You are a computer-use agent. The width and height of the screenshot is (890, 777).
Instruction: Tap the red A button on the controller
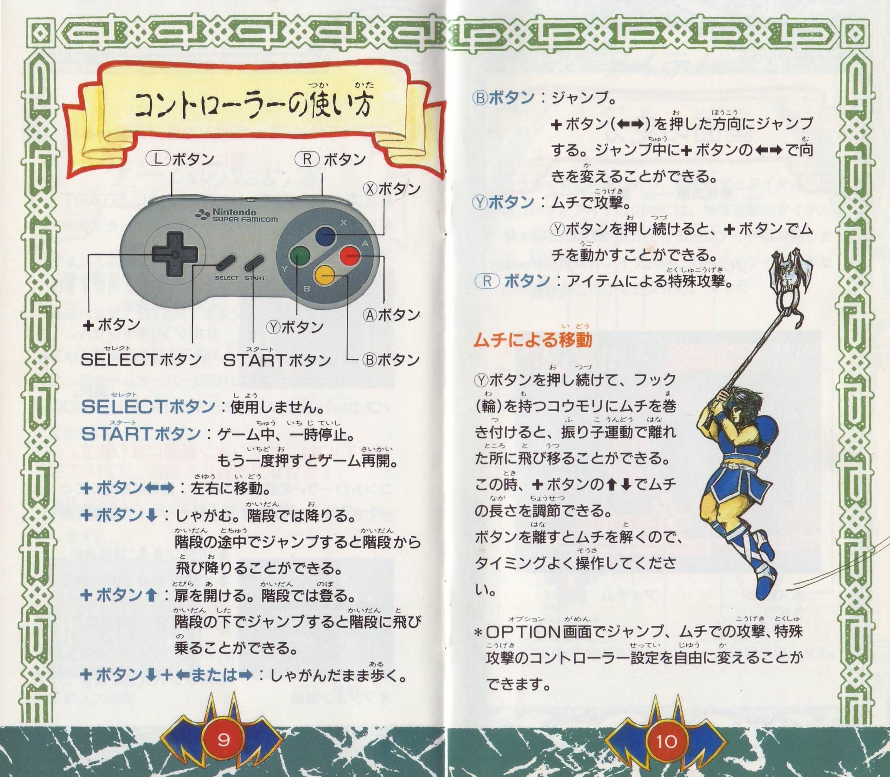(x=349, y=256)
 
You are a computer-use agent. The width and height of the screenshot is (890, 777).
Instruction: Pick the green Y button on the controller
(x=301, y=256)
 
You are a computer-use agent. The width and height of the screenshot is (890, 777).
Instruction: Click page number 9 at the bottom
(x=223, y=740)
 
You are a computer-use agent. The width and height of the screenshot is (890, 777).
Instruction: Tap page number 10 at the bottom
(x=667, y=741)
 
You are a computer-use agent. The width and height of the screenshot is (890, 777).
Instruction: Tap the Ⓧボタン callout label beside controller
(x=392, y=189)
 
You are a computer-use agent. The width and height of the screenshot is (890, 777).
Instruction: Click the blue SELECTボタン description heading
(x=148, y=407)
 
